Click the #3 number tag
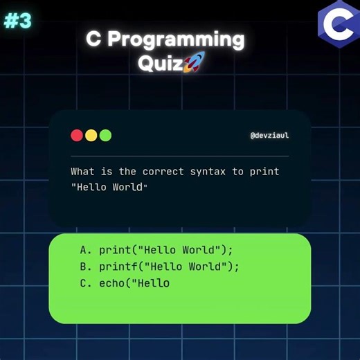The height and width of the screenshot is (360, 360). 17,21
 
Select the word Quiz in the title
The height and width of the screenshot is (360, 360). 159,64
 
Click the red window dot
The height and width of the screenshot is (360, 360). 77,136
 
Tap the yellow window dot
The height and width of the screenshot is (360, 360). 91,136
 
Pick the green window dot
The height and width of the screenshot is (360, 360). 105,136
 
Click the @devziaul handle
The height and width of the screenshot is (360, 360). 269,136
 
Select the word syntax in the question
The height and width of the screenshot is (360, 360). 208,171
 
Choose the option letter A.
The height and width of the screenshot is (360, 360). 84,249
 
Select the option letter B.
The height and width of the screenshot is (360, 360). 84,266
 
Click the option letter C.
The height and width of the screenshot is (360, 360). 84,282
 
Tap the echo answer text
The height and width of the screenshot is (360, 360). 134,282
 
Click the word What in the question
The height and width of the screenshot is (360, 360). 82,171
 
